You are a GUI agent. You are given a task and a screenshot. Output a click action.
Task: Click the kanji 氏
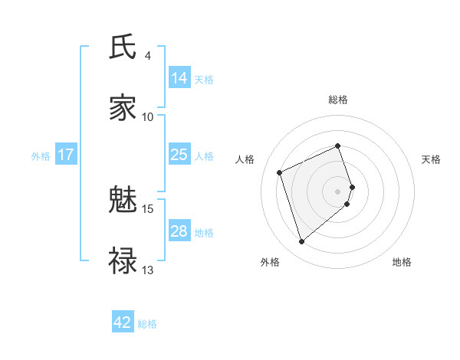[x=123, y=47]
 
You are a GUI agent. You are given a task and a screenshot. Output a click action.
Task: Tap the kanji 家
[x=123, y=108]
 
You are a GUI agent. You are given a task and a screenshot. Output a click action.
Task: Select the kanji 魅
[x=123, y=201]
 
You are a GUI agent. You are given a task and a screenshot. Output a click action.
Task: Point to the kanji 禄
[x=123, y=260]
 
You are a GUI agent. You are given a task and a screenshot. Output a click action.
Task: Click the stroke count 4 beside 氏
[x=148, y=56]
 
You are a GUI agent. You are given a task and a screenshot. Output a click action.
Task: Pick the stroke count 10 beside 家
[x=148, y=116]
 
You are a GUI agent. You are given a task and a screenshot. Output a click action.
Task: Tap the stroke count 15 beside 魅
[x=148, y=208]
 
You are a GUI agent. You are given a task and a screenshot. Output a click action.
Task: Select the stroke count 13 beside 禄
[x=148, y=270]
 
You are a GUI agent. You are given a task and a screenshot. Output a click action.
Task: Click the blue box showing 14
[x=179, y=78]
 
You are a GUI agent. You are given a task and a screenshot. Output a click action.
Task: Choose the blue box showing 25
[x=179, y=155]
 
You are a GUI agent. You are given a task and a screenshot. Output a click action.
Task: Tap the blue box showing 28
[x=179, y=231]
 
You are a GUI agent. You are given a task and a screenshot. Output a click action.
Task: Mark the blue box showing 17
[x=66, y=155]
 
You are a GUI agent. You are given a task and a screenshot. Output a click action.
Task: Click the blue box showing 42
[x=123, y=322]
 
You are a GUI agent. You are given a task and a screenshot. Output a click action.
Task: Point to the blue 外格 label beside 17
[x=41, y=156]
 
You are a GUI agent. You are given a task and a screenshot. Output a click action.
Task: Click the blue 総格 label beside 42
[x=147, y=324]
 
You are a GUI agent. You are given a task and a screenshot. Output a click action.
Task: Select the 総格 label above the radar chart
[x=338, y=100]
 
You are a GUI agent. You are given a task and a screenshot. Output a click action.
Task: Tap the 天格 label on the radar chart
[x=432, y=159]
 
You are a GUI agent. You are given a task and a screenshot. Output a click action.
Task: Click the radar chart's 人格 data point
[x=281, y=172]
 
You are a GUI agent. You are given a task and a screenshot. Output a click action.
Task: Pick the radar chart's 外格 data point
[x=302, y=242]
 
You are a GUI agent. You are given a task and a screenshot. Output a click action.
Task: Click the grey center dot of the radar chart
[x=338, y=190]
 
